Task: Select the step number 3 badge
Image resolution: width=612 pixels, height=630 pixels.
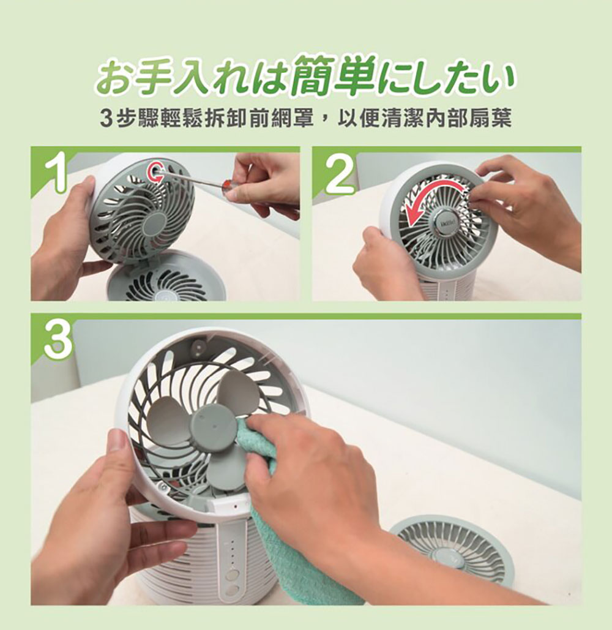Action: (58, 340)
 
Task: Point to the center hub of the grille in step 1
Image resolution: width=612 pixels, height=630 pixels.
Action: (152, 225)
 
